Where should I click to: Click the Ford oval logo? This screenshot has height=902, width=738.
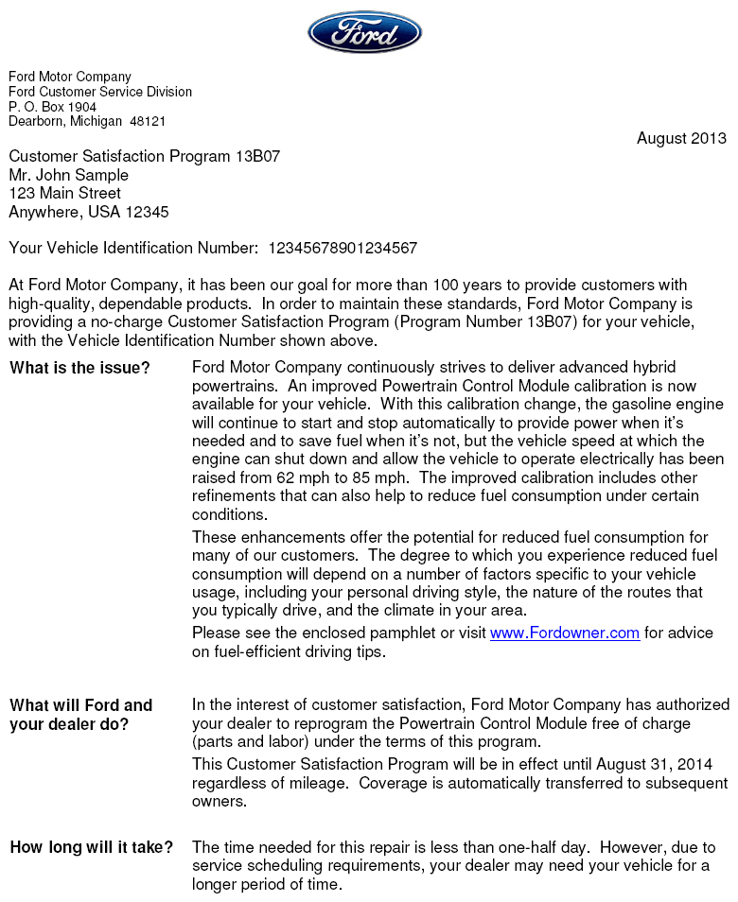point(364,32)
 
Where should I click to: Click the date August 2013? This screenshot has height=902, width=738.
point(681,138)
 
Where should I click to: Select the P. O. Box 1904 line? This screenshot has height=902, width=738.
point(52,107)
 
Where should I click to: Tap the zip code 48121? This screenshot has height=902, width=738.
point(148,122)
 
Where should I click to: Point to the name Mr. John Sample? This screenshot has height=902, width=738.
point(68,175)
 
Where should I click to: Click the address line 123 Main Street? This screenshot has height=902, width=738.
point(64,193)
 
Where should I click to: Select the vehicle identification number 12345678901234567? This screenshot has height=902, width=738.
point(343,249)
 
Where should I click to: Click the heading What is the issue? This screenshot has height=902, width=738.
point(79,368)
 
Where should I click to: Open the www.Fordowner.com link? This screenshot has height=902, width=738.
point(564,633)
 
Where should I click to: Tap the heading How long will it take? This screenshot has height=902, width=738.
point(91,847)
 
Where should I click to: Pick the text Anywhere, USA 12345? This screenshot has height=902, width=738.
point(89,212)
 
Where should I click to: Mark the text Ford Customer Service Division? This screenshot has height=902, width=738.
point(100,92)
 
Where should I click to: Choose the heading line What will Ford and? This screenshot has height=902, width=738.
point(80,705)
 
